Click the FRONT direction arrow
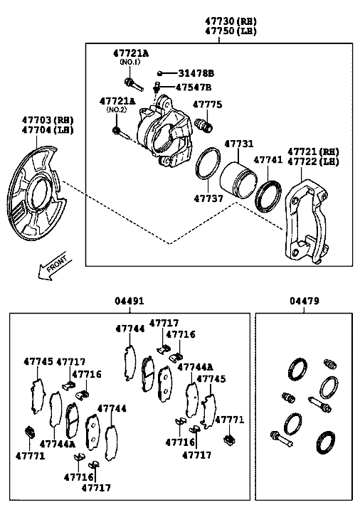(x=55, y=265)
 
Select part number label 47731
(x=238, y=144)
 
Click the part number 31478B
(x=196, y=73)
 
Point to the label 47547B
(x=194, y=87)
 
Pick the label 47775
(x=207, y=105)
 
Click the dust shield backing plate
(x=36, y=193)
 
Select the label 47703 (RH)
(x=48, y=120)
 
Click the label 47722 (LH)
(x=313, y=161)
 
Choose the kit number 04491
(x=129, y=301)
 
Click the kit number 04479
(x=305, y=301)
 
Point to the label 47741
(x=268, y=159)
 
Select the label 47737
(x=208, y=198)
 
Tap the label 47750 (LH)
(x=231, y=31)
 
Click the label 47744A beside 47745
(x=195, y=367)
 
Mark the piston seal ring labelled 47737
(x=208, y=163)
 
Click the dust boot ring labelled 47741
(x=268, y=196)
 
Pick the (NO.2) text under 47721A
(x=117, y=110)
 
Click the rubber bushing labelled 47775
(x=203, y=125)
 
